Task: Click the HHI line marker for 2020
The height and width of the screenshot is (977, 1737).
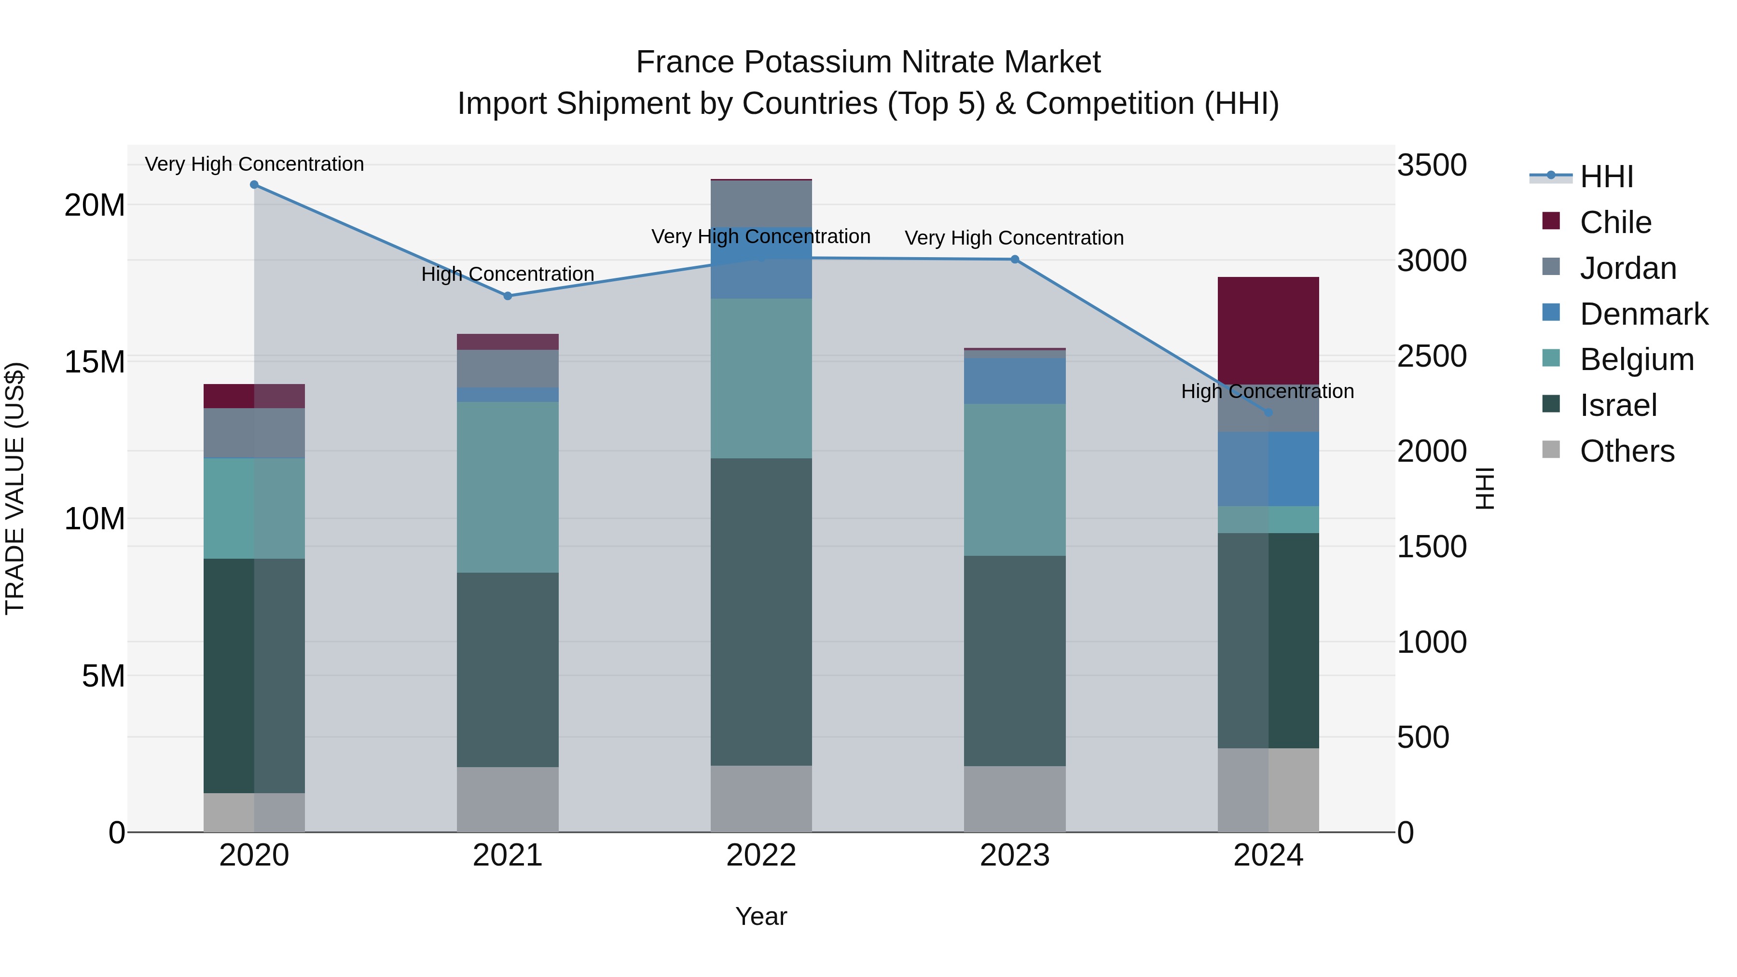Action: pos(254,185)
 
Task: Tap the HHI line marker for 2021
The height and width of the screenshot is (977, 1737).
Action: pos(508,296)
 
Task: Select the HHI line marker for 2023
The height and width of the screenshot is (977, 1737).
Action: pos(1015,260)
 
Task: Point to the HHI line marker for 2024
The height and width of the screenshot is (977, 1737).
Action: pos(1268,413)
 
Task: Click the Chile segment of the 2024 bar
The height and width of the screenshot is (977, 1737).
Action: pos(1268,330)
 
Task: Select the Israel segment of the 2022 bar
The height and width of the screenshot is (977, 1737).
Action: pos(761,612)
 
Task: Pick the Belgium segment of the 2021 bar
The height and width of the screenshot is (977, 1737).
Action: pos(508,487)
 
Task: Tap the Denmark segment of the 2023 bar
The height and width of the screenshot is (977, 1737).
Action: pos(1015,381)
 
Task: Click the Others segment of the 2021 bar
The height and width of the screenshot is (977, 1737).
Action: pos(508,799)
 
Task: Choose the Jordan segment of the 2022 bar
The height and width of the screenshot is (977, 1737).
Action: pos(761,204)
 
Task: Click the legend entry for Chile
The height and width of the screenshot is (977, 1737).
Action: pos(1615,222)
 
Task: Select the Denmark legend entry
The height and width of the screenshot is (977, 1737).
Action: pos(1643,314)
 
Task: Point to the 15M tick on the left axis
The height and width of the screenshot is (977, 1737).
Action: pos(95,362)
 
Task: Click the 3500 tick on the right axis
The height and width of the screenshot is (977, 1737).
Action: pos(1432,165)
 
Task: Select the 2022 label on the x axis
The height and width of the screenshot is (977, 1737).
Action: pos(761,855)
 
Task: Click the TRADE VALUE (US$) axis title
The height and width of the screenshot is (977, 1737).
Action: pos(15,488)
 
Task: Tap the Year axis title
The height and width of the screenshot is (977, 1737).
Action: pos(761,916)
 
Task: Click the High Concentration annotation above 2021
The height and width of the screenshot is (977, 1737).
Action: pos(508,275)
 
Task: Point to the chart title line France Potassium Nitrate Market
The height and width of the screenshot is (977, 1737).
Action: pos(868,62)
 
